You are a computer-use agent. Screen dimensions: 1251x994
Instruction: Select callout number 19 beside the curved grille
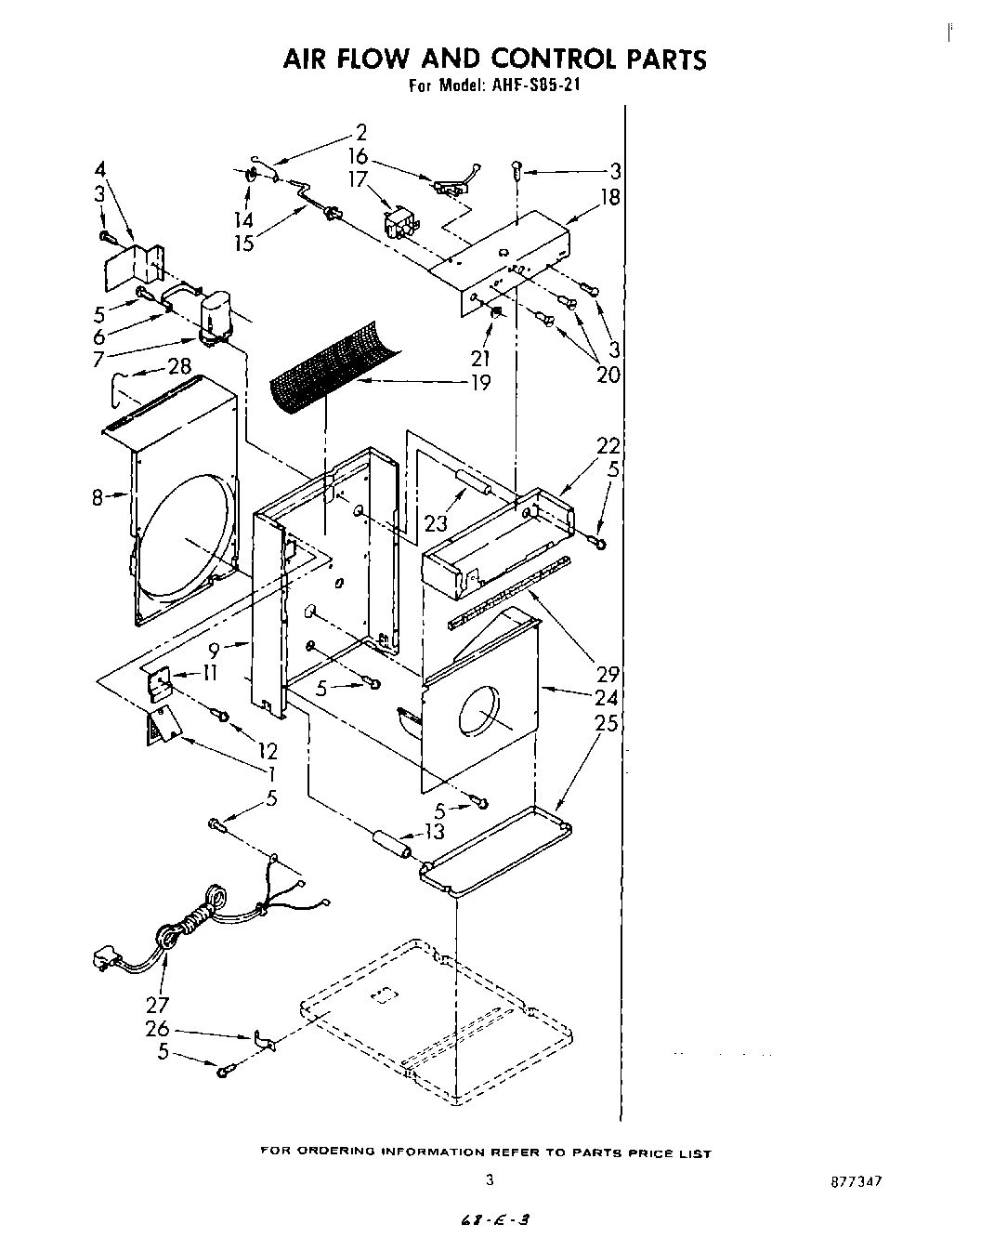pyautogui.click(x=480, y=382)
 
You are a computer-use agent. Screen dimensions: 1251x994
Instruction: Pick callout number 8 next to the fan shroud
pyautogui.click(x=97, y=498)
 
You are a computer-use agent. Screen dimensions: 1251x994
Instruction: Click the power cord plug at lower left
pyautogui.click(x=104, y=956)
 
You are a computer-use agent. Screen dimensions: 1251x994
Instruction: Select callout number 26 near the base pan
pyautogui.click(x=157, y=1029)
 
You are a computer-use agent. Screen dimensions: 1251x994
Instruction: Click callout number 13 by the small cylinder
pyautogui.click(x=434, y=831)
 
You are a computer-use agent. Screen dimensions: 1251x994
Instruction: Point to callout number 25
pyautogui.click(x=606, y=722)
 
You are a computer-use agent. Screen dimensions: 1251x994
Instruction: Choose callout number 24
pyautogui.click(x=606, y=698)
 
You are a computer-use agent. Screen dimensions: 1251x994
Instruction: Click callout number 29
pyautogui.click(x=608, y=674)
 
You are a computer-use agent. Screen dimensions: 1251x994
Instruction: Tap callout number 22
pyautogui.click(x=608, y=447)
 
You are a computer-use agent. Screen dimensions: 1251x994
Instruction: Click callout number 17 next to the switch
pyautogui.click(x=359, y=179)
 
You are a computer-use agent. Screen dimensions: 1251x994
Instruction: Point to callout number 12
pyautogui.click(x=268, y=750)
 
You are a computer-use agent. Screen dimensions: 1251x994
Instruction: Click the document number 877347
pyautogui.click(x=856, y=1181)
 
